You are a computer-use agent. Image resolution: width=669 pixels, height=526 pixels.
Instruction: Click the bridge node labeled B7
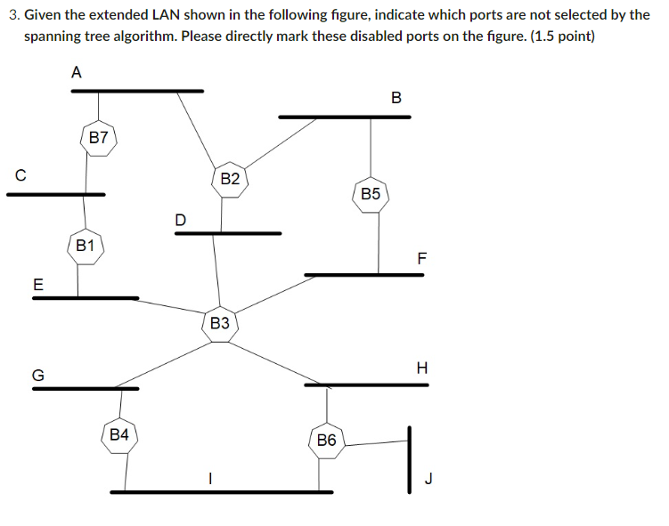pyautogui.click(x=99, y=138)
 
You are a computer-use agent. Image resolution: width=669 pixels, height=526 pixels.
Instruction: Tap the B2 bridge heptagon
pyautogui.click(x=230, y=179)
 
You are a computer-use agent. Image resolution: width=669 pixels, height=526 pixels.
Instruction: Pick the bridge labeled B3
pyautogui.click(x=220, y=323)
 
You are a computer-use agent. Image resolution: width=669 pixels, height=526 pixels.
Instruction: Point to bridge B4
pyautogui.click(x=119, y=434)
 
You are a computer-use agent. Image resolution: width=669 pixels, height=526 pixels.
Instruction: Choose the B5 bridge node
pyautogui.click(x=371, y=193)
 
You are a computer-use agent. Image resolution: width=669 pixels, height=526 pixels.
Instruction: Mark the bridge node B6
pyautogui.click(x=327, y=441)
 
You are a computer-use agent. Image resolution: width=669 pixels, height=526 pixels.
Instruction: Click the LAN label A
pyautogui.click(x=77, y=74)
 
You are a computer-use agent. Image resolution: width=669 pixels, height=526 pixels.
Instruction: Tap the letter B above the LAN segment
pyautogui.click(x=396, y=97)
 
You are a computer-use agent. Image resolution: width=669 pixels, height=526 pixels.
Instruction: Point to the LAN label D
pyautogui.click(x=181, y=219)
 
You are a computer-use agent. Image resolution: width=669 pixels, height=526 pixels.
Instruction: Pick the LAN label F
pyautogui.click(x=422, y=259)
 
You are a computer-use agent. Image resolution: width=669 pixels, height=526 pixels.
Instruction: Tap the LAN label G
pyautogui.click(x=38, y=376)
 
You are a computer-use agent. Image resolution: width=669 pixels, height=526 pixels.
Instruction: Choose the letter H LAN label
pyautogui.click(x=422, y=368)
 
